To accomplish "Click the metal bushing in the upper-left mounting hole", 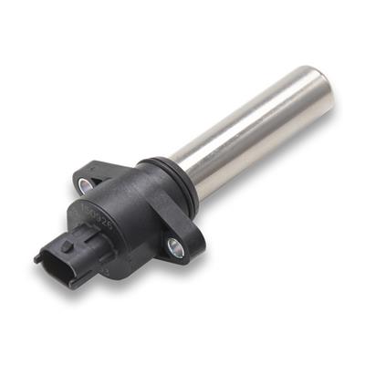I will click(89, 186).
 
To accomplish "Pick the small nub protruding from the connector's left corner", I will click(38, 258).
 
